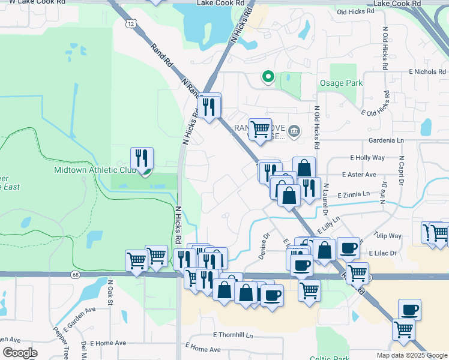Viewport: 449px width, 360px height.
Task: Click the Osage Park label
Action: coord(340,83)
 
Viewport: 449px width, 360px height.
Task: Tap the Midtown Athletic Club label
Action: coord(95,170)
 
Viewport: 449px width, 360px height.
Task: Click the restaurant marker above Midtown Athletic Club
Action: coord(142,159)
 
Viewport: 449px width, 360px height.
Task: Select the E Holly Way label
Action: coord(367,158)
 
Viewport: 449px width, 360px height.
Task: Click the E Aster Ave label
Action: coord(358,175)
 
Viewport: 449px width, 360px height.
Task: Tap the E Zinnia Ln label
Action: coord(355,196)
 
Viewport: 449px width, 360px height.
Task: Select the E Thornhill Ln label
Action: coord(233,335)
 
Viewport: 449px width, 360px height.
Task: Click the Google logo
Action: coord(19,353)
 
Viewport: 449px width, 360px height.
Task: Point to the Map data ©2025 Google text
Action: coord(412,355)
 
